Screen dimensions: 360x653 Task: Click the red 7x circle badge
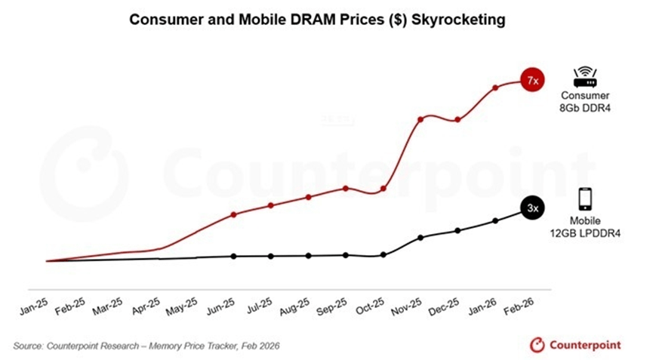(x=532, y=81)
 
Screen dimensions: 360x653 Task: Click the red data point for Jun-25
(x=234, y=214)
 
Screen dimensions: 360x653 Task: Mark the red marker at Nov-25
(x=420, y=119)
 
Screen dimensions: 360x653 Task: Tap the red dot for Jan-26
(x=495, y=88)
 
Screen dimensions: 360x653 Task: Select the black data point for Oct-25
(x=383, y=255)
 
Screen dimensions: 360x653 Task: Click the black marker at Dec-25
(x=457, y=230)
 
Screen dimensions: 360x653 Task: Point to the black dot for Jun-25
(x=234, y=256)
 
